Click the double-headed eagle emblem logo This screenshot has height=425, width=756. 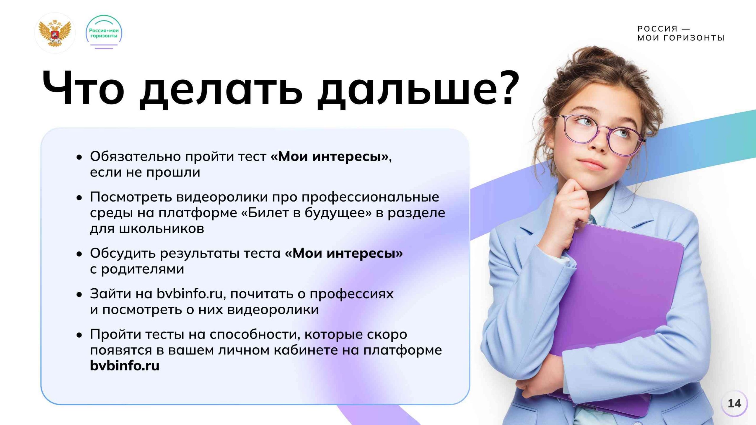(55, 33)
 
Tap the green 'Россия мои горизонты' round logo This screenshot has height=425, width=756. (104, 32)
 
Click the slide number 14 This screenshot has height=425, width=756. (734, 403)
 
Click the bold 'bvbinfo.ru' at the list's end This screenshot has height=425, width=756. (125, 365)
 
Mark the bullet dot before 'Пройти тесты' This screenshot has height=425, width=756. (79, 335)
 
